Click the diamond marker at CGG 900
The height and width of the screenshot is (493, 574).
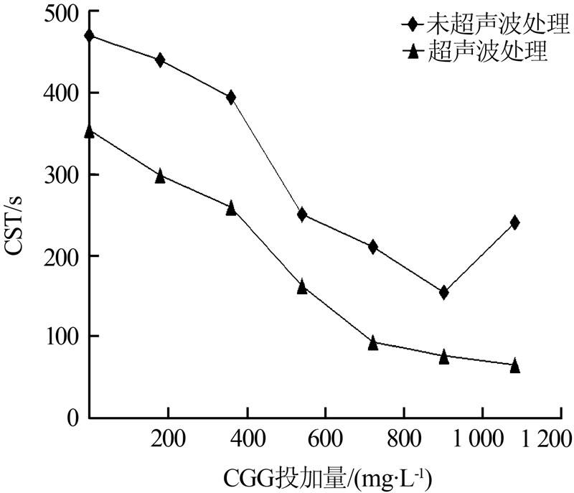[444, 292]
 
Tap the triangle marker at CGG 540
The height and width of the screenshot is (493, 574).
[302, 287]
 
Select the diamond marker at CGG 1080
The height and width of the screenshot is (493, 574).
[514, 222]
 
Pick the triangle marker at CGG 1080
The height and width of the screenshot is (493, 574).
[514, 366]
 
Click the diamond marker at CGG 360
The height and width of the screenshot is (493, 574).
[231, 98]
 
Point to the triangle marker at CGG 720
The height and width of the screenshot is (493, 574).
[373, 343]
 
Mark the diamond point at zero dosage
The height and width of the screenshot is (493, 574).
[90, 36]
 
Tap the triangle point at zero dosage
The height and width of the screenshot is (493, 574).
[90, 131]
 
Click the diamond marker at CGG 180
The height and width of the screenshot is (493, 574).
[160, 60]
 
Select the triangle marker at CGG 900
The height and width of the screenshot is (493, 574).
[444, 357]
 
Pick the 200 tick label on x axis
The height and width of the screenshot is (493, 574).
[168, 437]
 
